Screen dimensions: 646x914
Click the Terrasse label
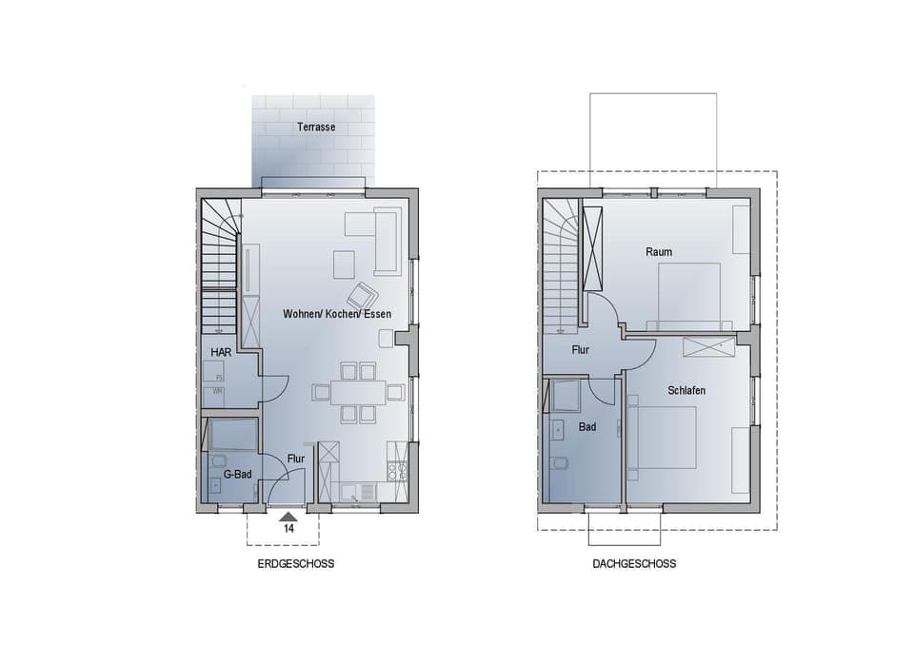point(315,127)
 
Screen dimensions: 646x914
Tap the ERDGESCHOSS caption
point(296,564)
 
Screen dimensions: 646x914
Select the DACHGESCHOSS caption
point(634,564)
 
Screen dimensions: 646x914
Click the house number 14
point(288,528)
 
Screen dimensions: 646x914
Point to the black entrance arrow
point(288,517)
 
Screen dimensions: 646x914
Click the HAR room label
point(221,353)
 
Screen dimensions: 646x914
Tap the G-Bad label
point(237,473)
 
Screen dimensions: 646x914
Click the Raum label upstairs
point(659,252)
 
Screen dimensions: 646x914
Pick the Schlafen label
point(686,390)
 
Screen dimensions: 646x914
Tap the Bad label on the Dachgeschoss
point(587,427)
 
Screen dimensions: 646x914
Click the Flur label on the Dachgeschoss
point(581,350)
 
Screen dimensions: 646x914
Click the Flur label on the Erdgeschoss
point(296,460)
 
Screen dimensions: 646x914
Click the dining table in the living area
point(358,392)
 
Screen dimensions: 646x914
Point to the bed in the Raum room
point(690,295)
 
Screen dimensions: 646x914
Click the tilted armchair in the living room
point(362,296)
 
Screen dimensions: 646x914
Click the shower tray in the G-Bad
point(232,436)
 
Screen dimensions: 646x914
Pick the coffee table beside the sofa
point(344,264)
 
